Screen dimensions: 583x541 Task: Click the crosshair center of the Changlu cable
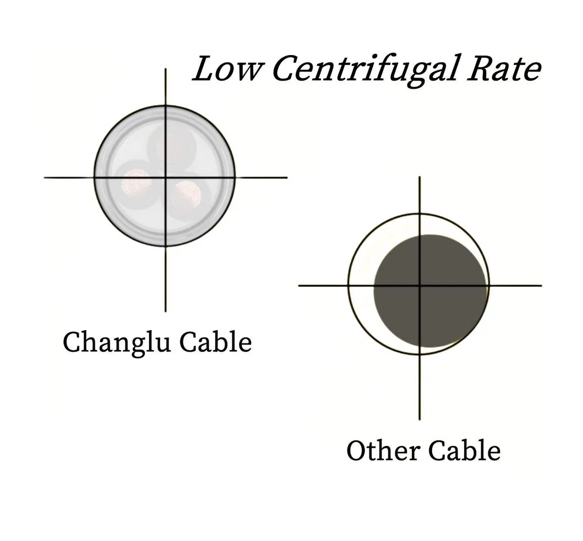[166, 177]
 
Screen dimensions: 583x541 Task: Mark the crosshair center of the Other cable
[420, 285]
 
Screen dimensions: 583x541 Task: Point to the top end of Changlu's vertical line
[166, 70]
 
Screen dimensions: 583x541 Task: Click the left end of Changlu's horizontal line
[45, 177]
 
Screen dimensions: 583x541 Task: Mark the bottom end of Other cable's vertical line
[420, 419]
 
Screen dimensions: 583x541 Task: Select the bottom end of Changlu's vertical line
[166, 310]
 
